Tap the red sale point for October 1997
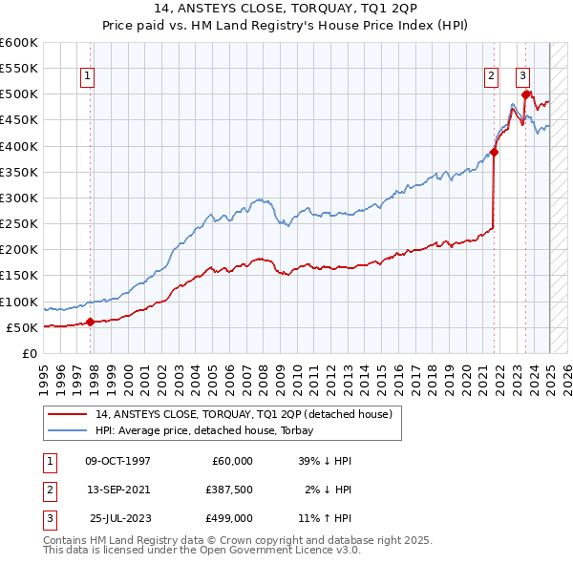click(90, 323)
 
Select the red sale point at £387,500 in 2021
click(495, 152)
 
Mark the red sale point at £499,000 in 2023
click(526, 94)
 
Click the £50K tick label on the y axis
click(23, 327)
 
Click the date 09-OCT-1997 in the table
click(117, 461)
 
